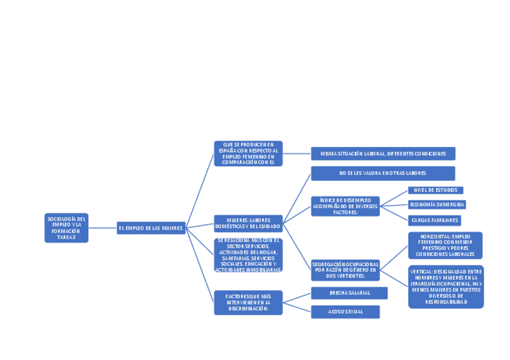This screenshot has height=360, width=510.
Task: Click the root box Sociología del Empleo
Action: (x=66, y=228)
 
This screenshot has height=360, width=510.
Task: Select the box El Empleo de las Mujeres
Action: (x=151, y=228)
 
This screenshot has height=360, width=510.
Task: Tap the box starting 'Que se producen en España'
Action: (x=248, y=153)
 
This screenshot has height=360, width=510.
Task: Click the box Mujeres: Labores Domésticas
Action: (x=248, y=223)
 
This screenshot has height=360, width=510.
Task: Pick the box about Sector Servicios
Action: (x=248, y=255)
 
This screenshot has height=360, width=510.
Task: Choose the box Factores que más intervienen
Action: (x=248, y=302)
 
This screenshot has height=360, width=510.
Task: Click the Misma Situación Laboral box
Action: (x=382, y=153)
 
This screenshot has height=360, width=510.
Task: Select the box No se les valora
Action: (x=382, y=173)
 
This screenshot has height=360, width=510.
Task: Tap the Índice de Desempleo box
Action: (x=345, y=206)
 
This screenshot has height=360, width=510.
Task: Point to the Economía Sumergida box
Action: (x=437, y=204)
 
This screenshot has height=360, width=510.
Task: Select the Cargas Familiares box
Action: (x=434, y=221)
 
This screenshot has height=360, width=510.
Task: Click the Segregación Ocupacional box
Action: (x=345, y=270)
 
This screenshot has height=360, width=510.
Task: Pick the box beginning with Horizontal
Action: (x=445, y=245)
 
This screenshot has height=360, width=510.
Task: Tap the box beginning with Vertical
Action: (x=446, y=287)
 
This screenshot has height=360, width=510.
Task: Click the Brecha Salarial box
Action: (x=349, y=293)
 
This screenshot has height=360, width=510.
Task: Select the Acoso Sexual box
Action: (x=345, y=311)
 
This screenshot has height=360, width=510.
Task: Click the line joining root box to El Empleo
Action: (x=102, y=228)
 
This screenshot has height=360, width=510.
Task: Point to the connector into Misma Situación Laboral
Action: (x=296, y=153)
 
